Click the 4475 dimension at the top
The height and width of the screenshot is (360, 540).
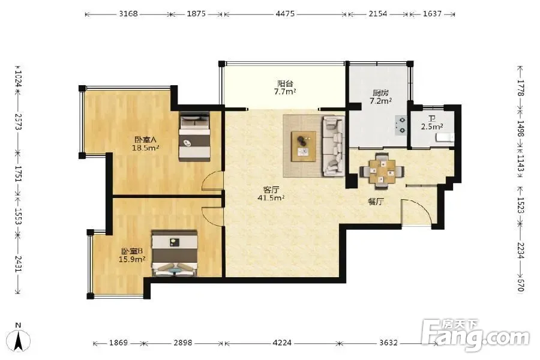coord(285,14)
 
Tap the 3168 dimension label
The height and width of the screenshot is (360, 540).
coord(128,14)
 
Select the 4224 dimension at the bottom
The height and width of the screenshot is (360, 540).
coord(282,343)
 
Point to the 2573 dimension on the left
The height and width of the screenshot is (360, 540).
coord(18,122)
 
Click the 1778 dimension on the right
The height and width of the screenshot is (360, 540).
coord(521,88)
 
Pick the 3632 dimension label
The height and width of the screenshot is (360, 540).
coord(388,343)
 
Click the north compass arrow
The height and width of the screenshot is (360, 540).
coord(19,341)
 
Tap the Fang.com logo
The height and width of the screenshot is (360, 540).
coord(476,335)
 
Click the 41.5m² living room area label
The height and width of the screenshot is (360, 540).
coord(271,198)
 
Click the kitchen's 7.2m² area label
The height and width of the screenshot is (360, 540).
coord(380,101)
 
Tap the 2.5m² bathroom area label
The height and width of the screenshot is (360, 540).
coord(432,127)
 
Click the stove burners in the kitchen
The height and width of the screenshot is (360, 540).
coord(401,125)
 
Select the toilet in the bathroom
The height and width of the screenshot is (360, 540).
coord(445,137)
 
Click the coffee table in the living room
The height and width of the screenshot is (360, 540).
coord(304,146)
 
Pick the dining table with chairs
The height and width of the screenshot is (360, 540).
coord(381,171)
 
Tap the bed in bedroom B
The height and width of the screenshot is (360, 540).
coord(175,253)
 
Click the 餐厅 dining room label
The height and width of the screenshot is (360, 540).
coord(376,202)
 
